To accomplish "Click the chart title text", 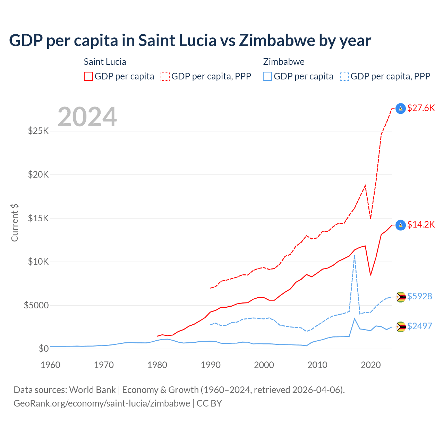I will tap(190, 41).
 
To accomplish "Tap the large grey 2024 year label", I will tap(87, 117).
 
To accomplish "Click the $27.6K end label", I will tap(421, 108).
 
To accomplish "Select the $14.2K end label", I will tap(421, 224).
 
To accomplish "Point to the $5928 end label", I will tap(419, 296).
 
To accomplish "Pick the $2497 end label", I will tap(419, 326).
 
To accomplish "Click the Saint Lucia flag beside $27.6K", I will tap(401, 109).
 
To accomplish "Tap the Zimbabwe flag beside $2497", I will tap(401, 326).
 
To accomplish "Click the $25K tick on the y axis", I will tap(39, 131).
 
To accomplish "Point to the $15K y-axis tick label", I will tap(39, 218).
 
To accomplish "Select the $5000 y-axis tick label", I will tap(36, 305).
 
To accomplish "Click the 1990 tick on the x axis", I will tap(211, 365).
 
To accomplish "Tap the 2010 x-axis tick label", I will tap(317, 365).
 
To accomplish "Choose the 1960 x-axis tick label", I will tap(51, 365).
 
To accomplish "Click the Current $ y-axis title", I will tap(15, 223).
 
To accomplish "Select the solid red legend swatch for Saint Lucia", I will tap(88, 76).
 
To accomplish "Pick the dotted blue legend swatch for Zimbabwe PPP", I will tap(344, 76).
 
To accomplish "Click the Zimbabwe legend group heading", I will tap(284, 62).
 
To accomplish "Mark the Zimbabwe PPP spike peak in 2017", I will tap(355, 256).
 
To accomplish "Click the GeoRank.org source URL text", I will tap(102, 403).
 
